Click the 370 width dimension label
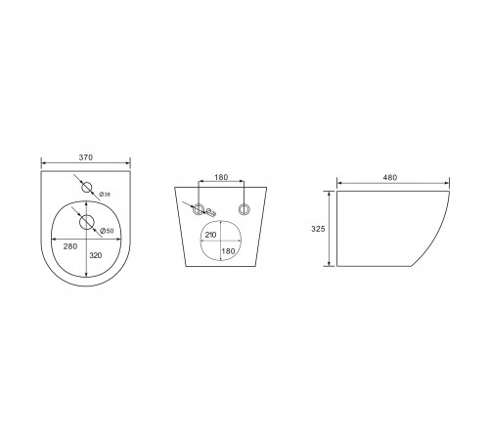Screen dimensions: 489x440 click(86, 157)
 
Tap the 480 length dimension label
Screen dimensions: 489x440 click(390, 178)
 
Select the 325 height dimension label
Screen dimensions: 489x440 click(318, 229)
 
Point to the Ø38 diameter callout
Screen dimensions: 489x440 click(105, 195)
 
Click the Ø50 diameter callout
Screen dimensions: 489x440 click(107, 231)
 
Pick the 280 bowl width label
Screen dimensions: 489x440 click(70, 246)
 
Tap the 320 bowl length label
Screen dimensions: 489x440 click(96, 255)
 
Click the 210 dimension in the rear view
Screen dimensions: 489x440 click(210, 235)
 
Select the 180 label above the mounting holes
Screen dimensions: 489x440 click(221, 177)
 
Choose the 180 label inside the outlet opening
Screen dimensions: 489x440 click(228, 251)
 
